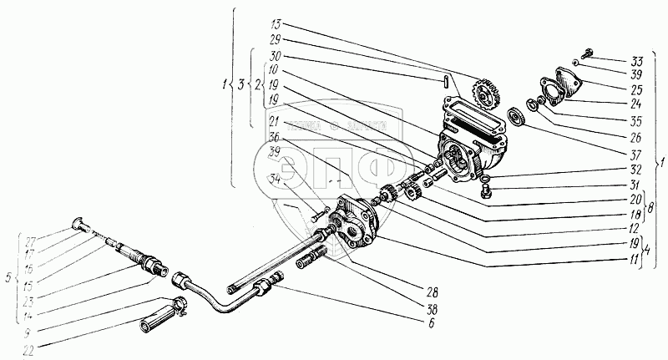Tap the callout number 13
click(277, 23)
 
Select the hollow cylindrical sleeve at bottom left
click(159, 320)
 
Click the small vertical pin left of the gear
click(448, 81)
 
